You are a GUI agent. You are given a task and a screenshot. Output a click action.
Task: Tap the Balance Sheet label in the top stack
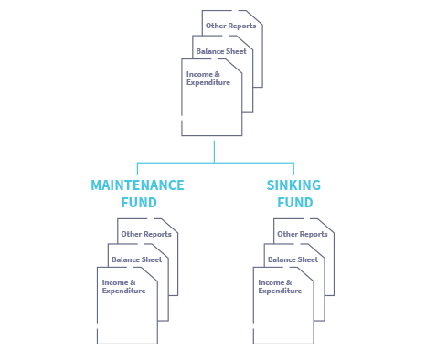click(222, 51)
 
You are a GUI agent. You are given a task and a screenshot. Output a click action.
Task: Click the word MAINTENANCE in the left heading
click(138, 185)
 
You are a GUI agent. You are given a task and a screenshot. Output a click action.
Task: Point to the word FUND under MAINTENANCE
click(139, 203)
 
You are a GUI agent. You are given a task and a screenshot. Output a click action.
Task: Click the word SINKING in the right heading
click(293, 185)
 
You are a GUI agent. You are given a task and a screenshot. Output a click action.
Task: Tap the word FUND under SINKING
click(293, 203)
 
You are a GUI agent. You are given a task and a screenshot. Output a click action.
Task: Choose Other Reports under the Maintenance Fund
click(144, 234)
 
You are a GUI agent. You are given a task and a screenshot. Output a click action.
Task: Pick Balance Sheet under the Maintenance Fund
click(137, 259)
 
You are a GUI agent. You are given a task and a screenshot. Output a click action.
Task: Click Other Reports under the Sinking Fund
click(302, 234)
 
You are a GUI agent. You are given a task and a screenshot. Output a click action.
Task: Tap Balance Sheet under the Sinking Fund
click(294, 259)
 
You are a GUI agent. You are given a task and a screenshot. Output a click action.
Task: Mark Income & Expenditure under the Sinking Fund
click(280, 286)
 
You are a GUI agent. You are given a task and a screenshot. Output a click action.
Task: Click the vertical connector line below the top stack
click(215, 150)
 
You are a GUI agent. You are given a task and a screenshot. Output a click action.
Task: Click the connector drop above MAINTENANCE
click(137, 169)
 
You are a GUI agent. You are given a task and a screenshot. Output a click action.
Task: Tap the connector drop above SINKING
click(293, 169)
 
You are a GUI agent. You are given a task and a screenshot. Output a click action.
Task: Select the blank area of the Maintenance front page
click(126, 320)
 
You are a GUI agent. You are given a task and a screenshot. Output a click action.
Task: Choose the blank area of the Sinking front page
click(283, 320)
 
